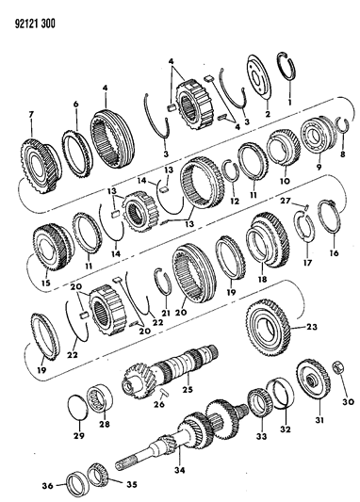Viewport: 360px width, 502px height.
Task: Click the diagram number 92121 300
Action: coord(35,24)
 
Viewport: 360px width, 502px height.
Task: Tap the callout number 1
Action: coord(290,104)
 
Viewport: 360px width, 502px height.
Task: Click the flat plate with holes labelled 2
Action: coord(259,78)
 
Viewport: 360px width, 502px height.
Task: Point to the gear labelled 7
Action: coord(40,167)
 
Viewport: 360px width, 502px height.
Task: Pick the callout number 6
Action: coord(75,105)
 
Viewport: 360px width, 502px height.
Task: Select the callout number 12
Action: coord(235,201)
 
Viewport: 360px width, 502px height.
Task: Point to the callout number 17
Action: coord(307,263)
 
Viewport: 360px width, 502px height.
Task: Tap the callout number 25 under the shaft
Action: coord(188,390)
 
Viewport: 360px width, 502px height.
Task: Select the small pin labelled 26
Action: coord(163,393)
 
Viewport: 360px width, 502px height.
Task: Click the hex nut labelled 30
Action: coord(338,367)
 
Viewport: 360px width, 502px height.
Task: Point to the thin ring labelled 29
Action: coord(79,407)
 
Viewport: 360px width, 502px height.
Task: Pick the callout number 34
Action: coord(180,470)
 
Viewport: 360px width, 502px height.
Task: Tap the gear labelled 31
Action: coord(313,380)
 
